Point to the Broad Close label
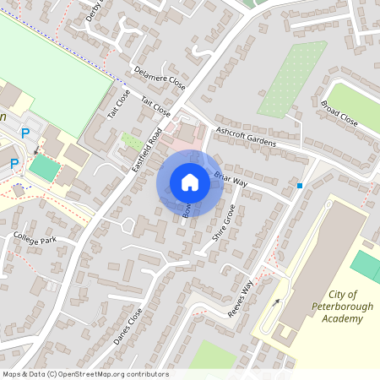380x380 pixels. [339, 114]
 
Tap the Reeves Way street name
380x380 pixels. [240, 300]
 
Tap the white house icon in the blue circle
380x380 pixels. [190, 182]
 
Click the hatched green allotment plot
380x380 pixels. [292, 79]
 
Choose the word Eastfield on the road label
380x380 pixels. [141, 160]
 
